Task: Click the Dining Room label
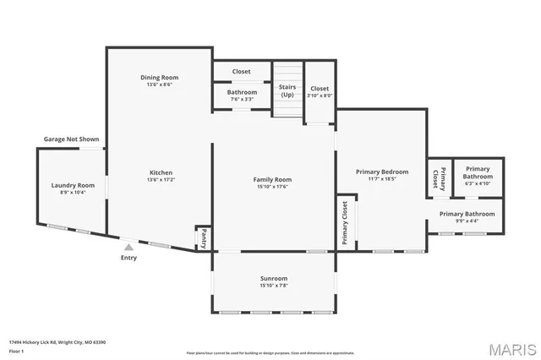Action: coord(159,78)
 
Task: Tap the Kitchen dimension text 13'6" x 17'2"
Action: coord(159,179)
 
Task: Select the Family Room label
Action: coord(272,179)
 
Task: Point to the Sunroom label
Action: coord(273,279)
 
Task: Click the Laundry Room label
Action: coord(73,185)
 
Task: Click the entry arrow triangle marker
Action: coord(128,248)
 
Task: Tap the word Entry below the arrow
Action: coord(128,259)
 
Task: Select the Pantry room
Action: coord(204,237)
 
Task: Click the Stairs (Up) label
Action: coord(287,90)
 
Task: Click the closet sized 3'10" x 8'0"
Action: coord(320,91)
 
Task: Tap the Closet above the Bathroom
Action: coord(242,71)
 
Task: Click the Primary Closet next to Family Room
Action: coord(345,223)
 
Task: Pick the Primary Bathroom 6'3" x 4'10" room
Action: coord(478,176)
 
